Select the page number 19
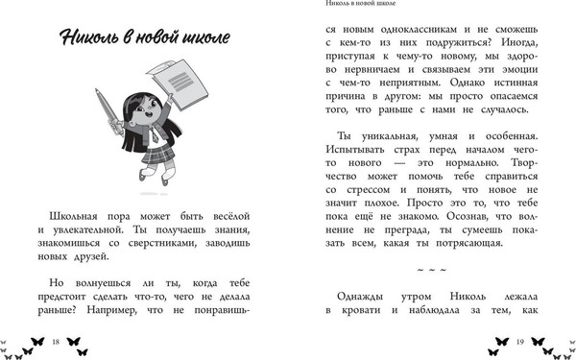(x=518, y=342)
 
